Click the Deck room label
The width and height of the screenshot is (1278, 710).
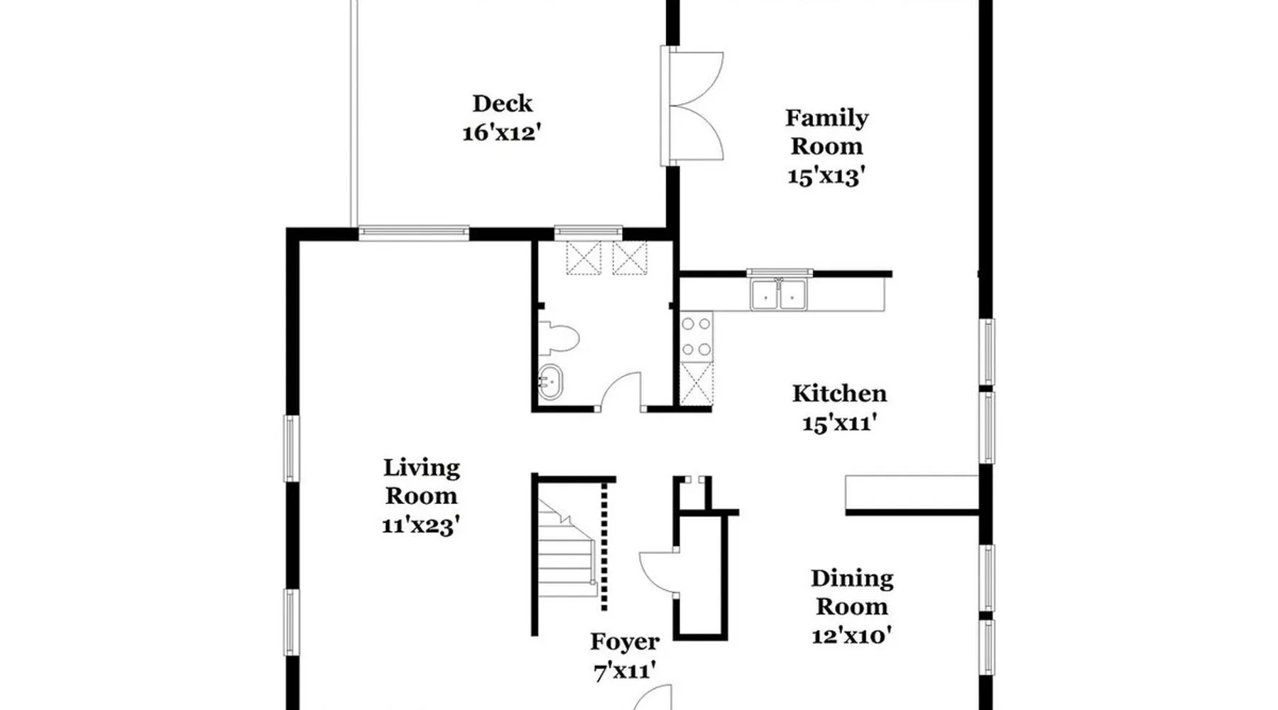point(502,104)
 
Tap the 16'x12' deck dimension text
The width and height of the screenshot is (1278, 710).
point(502,133)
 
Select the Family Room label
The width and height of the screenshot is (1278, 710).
point(826,132)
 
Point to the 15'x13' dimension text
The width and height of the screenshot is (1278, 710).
point(826,175)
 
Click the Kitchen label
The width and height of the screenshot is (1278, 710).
point(839,393)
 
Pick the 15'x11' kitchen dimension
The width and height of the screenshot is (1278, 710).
point(839,423)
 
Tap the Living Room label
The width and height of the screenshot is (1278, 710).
point(422,481)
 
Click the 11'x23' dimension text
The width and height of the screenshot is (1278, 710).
point(422,525)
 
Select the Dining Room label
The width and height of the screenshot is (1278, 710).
point(852,592)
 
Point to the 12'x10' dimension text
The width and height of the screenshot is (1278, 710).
point(852,635)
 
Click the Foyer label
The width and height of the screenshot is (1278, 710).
point(625,642)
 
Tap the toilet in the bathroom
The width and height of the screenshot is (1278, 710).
point(559,339)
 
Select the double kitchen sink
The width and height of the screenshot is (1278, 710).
point(779,294)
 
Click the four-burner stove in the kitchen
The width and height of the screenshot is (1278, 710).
point(697,337)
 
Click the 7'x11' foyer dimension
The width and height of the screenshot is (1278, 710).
point(625,671)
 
